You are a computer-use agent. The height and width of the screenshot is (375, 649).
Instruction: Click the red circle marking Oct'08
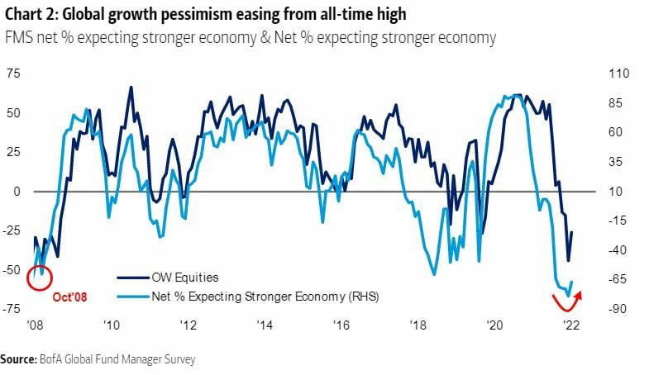point(39,277)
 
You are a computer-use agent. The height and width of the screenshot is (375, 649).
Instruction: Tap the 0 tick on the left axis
point(16,191)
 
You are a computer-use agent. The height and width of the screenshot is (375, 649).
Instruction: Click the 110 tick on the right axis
point(618,74)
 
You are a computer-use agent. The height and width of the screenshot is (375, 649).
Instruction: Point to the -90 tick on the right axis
point(618,309)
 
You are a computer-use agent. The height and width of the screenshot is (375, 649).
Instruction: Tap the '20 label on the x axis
point(494,325)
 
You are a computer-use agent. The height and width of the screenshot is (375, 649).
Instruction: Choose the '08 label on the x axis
point(35,325)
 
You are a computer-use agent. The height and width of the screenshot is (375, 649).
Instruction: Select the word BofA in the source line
point(51,359)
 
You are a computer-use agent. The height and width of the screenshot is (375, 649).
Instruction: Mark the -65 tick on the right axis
point(618,279)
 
